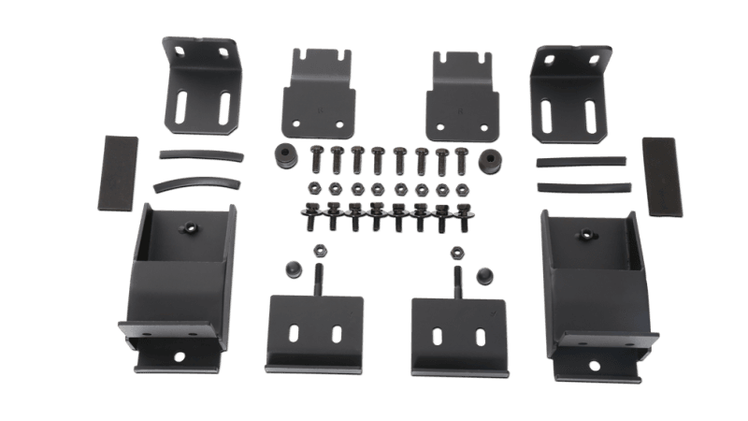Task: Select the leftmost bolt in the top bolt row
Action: click(x=316, y=159)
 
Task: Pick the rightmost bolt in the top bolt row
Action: click(x=460, y=159)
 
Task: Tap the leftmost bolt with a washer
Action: click(x=313, y=218)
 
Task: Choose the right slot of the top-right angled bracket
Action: click(x=592, y=113)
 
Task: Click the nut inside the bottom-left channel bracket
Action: click(x=191, y=229)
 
